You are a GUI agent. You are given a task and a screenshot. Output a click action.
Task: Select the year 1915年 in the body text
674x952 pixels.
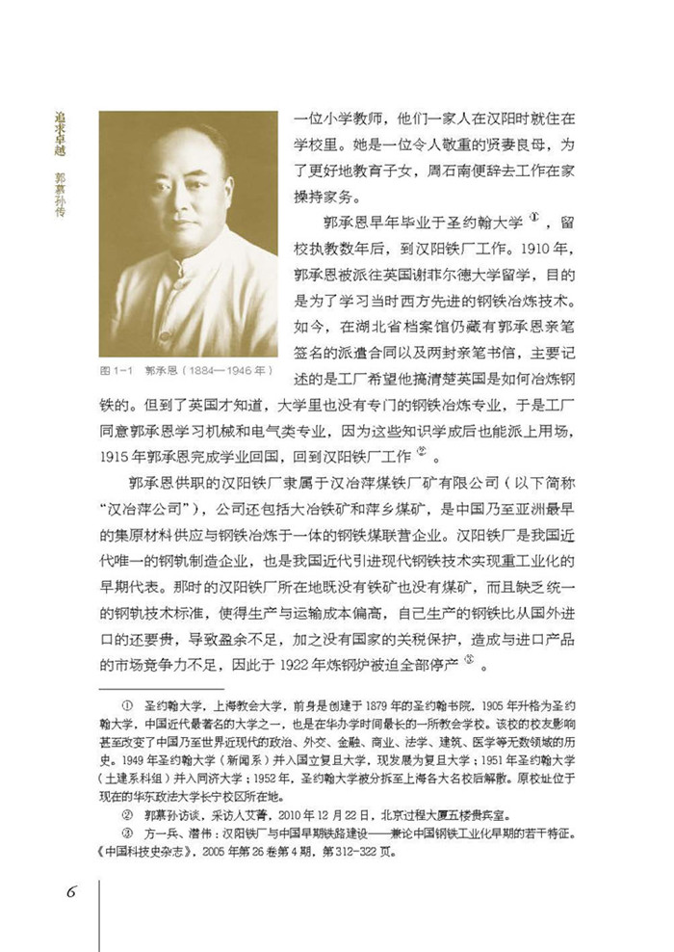[x=125, y=454]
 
